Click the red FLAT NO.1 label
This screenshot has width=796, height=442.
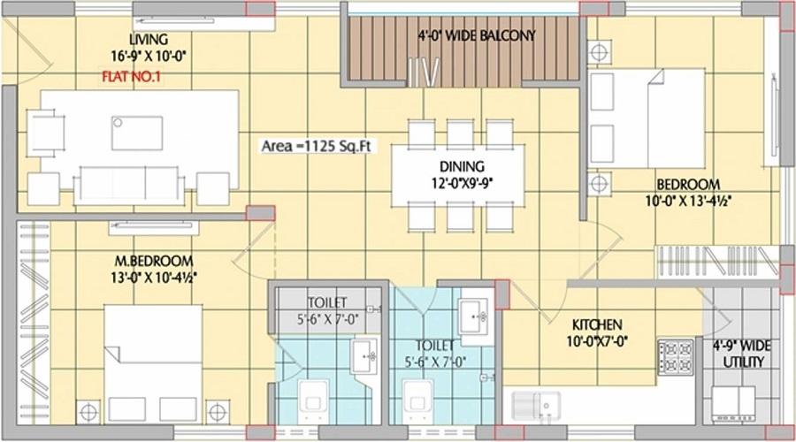(x=131, y=77)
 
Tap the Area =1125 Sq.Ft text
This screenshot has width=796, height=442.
(x=317, y=146)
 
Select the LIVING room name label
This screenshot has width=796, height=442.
(x=149, y=40)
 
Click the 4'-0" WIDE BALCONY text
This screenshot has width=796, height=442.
(x=477, y=35)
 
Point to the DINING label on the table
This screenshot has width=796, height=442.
(x=462, y=166)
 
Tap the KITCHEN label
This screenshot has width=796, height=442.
(x=597, y=324)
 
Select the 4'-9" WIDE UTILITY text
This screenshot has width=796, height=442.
(x=742, y=354)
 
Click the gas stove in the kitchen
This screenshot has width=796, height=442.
(x=676, y=357)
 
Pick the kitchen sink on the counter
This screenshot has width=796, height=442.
(x=536, y=406)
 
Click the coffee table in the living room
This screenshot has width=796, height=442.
(x=137, y=133)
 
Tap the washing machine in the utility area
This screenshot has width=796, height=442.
(x=733, y=404)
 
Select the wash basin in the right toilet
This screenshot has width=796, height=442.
(x=476, y=316)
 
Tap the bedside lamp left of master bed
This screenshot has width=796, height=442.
(x=88, y=412)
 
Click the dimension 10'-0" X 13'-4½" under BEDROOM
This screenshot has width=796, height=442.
(x=688, y=201)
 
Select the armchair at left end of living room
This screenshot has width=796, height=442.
(x=46, y=133)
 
